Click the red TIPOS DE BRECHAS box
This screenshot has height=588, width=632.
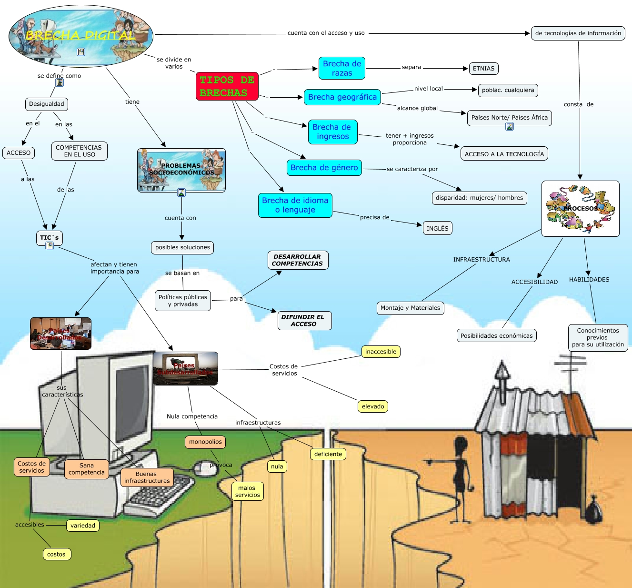click(x=227, y=86)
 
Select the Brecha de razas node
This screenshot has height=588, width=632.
click(x=341, y=68)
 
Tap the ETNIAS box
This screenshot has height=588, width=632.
click(x=483, y=69)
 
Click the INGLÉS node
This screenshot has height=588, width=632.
click(x=437, y=228)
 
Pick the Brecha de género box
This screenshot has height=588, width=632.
click(x=324, y=167)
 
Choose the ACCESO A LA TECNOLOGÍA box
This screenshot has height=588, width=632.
click(x=504, y=154)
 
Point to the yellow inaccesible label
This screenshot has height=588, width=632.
click(x=381, y=352)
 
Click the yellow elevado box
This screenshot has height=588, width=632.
click(x=372, y=406)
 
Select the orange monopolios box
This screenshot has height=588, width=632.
click(x=205, y=442)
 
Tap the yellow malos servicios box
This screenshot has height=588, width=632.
click(x=247, y=491)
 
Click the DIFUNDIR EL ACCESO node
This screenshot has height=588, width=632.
click(x=304, y=320)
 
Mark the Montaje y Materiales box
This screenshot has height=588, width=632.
click(x=410, y=308)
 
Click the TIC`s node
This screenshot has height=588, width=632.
click(x=49, y=237)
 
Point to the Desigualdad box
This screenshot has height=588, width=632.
click(x=46, y=104)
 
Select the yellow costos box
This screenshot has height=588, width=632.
click(x=56, y=554)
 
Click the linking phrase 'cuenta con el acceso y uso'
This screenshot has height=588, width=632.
click(x=326, y=33)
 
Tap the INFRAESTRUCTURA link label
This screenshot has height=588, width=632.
click(x=481, y=260)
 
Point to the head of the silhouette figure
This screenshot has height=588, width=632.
click(x=461, y=445)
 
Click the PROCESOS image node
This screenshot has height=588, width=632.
click(x=580, y=208)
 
